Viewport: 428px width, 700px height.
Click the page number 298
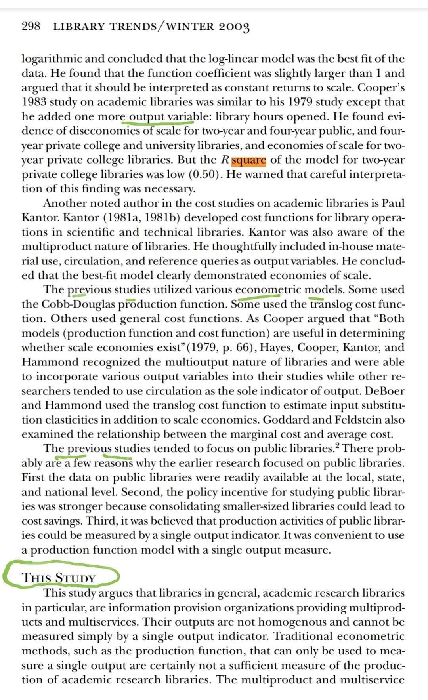point(31,27)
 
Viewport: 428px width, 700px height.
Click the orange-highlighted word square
point(249,160)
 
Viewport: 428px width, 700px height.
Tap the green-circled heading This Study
point(59,578)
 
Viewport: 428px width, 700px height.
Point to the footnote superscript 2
point(337,446)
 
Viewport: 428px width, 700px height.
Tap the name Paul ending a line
point(393,203)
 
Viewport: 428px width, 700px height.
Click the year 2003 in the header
point(234,27)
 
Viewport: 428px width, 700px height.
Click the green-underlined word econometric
point(268,289)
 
